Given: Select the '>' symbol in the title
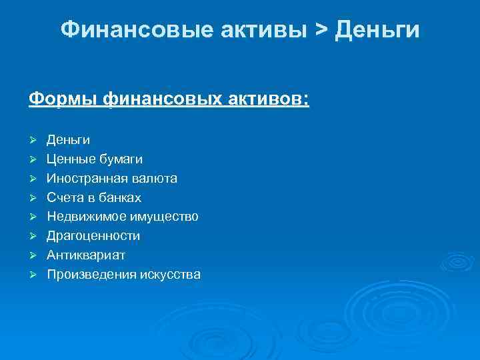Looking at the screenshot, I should [321, 30].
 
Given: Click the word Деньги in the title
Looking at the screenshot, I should [378, 30].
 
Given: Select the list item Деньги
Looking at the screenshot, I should [68, 140].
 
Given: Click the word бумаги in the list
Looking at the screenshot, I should [120, 159].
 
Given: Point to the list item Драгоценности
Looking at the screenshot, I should [93, 236].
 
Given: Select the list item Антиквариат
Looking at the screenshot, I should [86, 255].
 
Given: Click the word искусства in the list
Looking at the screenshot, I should [169, 275].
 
